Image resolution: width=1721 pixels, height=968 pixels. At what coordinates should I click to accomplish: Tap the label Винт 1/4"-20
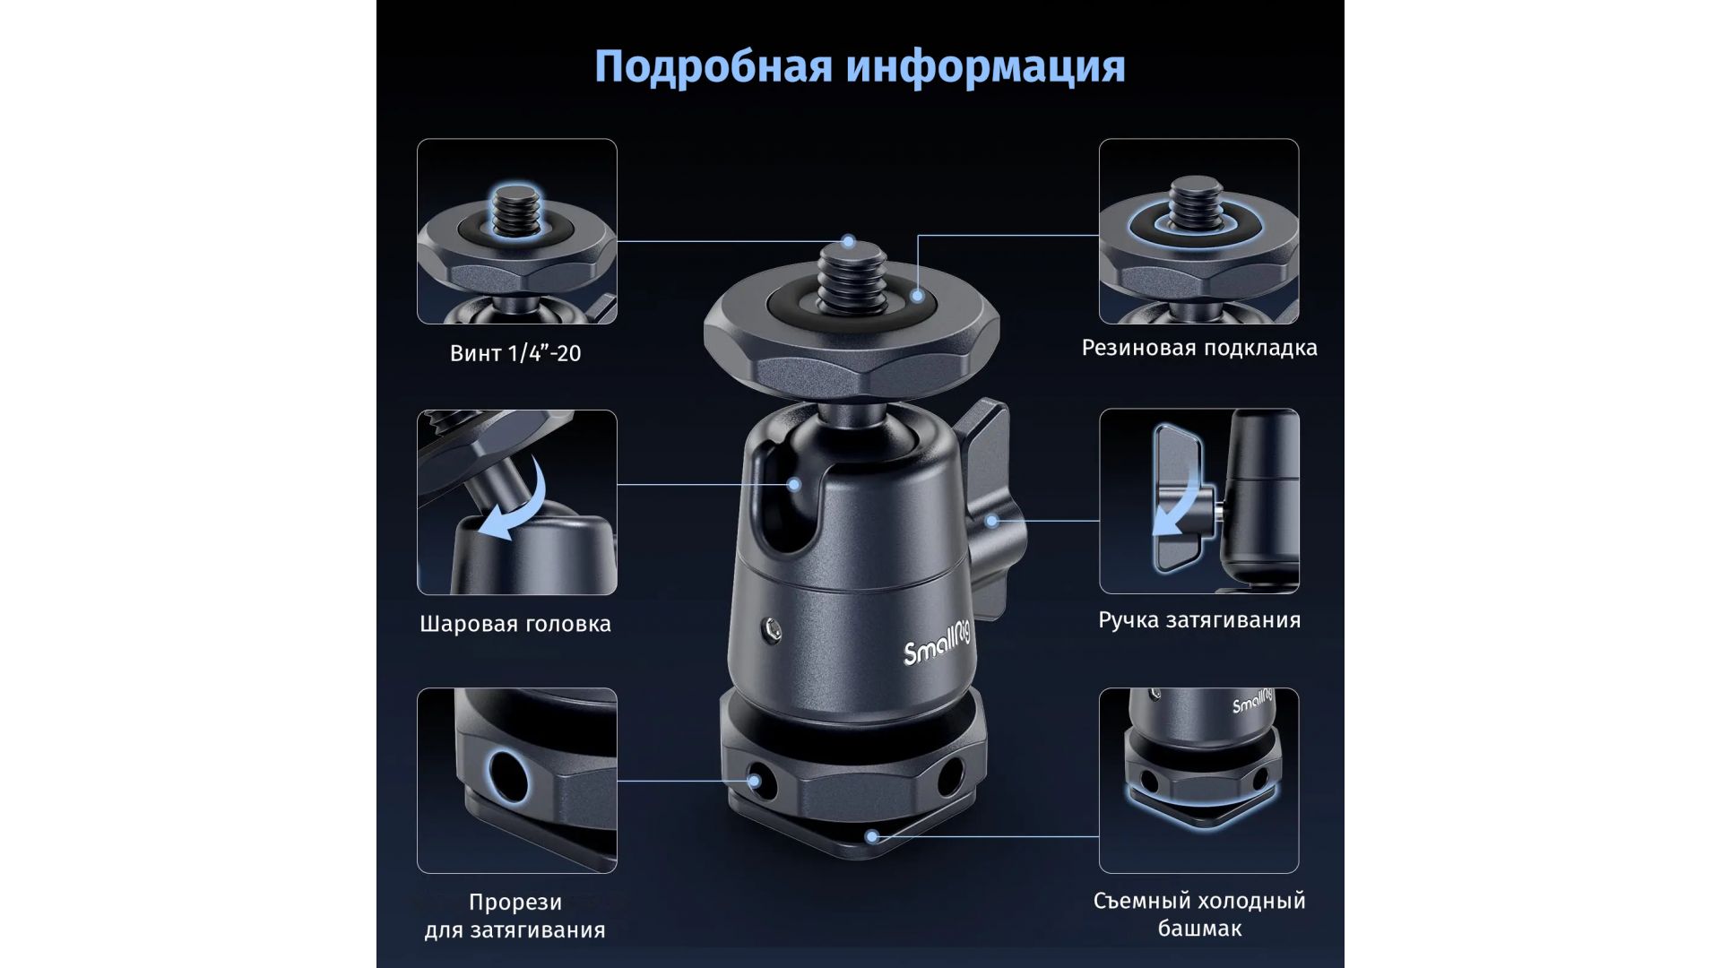515,353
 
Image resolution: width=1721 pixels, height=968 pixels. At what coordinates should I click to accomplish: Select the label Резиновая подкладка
1199,348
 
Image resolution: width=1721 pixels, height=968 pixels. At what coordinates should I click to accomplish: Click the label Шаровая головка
515,624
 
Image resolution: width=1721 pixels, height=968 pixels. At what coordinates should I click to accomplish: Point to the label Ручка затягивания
1199,620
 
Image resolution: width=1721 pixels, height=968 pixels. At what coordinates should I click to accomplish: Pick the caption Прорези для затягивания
515,916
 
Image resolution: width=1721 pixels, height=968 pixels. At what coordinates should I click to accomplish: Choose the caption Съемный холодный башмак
1199,914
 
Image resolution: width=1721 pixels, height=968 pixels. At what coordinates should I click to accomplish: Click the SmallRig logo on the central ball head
938,644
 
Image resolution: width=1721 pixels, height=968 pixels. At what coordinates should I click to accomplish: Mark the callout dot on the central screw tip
849,241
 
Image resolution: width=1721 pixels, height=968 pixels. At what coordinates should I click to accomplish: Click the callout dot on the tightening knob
991,521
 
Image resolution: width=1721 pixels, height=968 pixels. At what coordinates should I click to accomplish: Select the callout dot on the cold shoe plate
871,836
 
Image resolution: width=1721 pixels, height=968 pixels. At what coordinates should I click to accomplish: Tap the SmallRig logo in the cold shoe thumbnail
1253,701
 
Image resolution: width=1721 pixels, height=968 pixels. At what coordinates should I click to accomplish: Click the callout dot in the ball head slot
794,485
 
